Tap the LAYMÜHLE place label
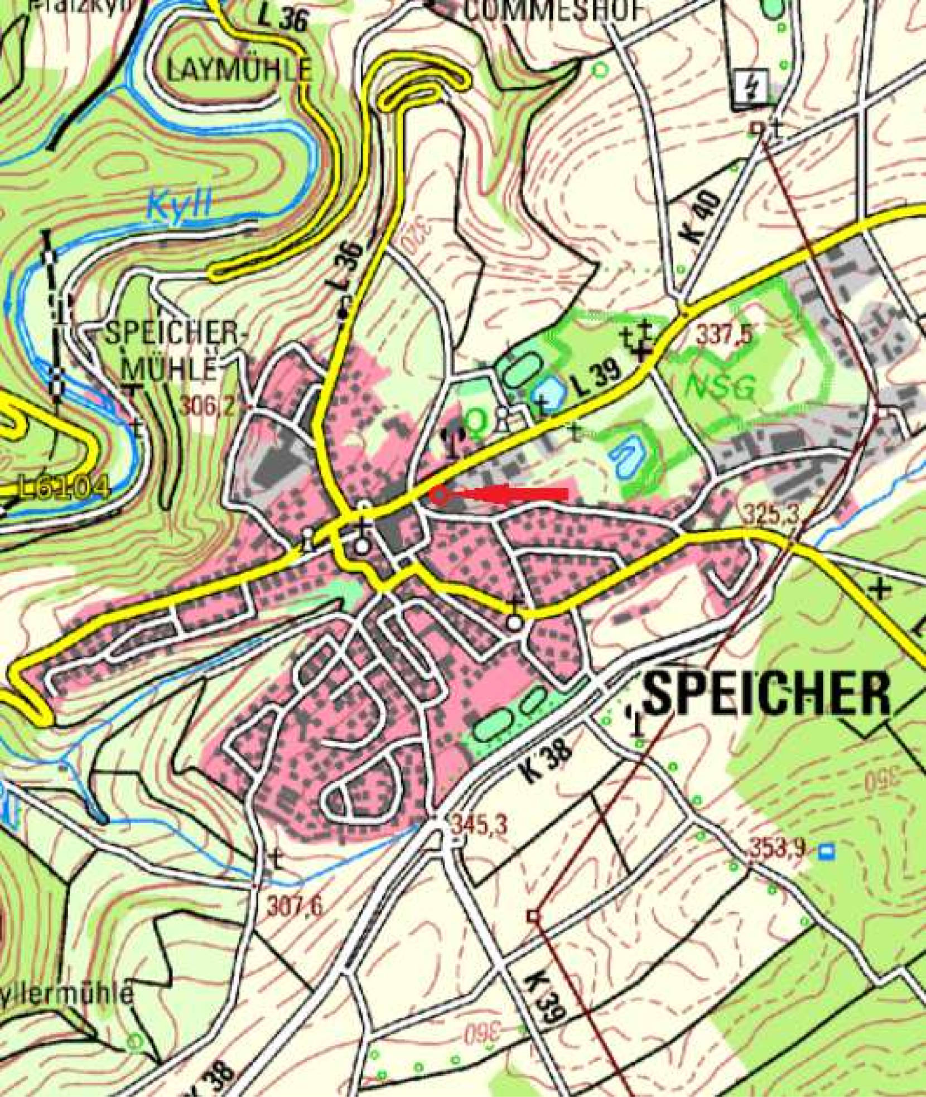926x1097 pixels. click(x=239, y=70)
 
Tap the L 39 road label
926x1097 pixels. click(x=596, y=381)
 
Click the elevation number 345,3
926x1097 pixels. click(x=479, y=825)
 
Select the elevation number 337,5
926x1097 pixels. click(x=724, y=336)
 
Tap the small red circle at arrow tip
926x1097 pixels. click(x=440, y=495)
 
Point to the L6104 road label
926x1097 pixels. click(x=62, y=488)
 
